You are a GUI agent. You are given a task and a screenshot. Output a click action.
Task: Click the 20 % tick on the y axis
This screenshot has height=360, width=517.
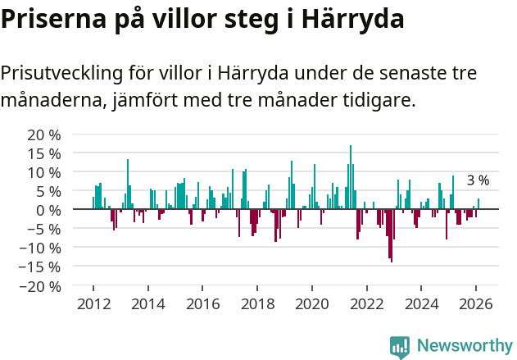[x=43, y=134]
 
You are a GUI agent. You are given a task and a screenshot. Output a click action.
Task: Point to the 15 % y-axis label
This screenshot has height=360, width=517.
[x=43, y=153]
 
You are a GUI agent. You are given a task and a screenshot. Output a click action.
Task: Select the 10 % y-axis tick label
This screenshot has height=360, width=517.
[x=43, y=172]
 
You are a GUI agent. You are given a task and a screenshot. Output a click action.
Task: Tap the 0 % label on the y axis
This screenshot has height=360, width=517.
[x=48, y=210]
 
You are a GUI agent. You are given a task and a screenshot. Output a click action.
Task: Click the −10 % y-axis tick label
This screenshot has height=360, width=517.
[x=40, y=248]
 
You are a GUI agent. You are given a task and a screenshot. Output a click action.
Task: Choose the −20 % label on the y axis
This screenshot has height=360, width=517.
[x=40, y=286]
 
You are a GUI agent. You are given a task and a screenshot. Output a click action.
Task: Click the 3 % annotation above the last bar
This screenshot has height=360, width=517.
[x=478, y=180]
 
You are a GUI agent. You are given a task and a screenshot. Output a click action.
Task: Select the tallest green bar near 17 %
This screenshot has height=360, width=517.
[x=351, y=177]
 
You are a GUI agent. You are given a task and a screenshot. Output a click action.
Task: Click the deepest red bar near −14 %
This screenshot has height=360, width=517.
[x=392, y=236]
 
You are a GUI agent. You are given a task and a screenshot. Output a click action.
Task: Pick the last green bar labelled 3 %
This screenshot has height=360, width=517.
[x=478, y=203]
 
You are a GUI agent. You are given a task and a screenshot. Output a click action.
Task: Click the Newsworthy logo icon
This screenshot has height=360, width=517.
[x=400, y=347]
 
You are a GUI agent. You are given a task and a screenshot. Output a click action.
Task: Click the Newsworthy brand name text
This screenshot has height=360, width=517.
[x=464, y=347]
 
